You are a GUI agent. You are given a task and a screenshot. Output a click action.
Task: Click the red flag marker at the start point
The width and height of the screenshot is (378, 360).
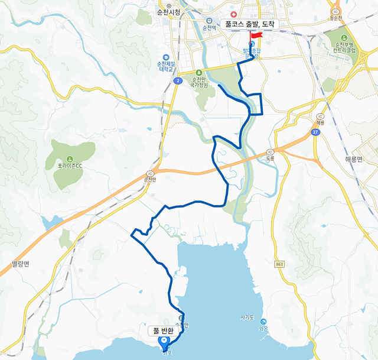(256, 36)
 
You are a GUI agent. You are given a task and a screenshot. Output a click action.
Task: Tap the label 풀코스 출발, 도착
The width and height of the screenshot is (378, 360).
(250, 24)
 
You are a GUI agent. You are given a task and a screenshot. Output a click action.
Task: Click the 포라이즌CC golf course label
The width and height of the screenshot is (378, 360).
(70, 166)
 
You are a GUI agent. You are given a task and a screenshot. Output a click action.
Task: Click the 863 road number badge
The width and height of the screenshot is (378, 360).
(280, 262)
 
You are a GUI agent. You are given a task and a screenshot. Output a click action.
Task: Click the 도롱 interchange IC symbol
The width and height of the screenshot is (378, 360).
(270, 151)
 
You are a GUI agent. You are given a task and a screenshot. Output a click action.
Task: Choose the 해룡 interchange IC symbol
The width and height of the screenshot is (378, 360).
(321, 115)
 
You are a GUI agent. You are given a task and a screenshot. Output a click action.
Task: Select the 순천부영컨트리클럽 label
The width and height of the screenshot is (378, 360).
(345, 47)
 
